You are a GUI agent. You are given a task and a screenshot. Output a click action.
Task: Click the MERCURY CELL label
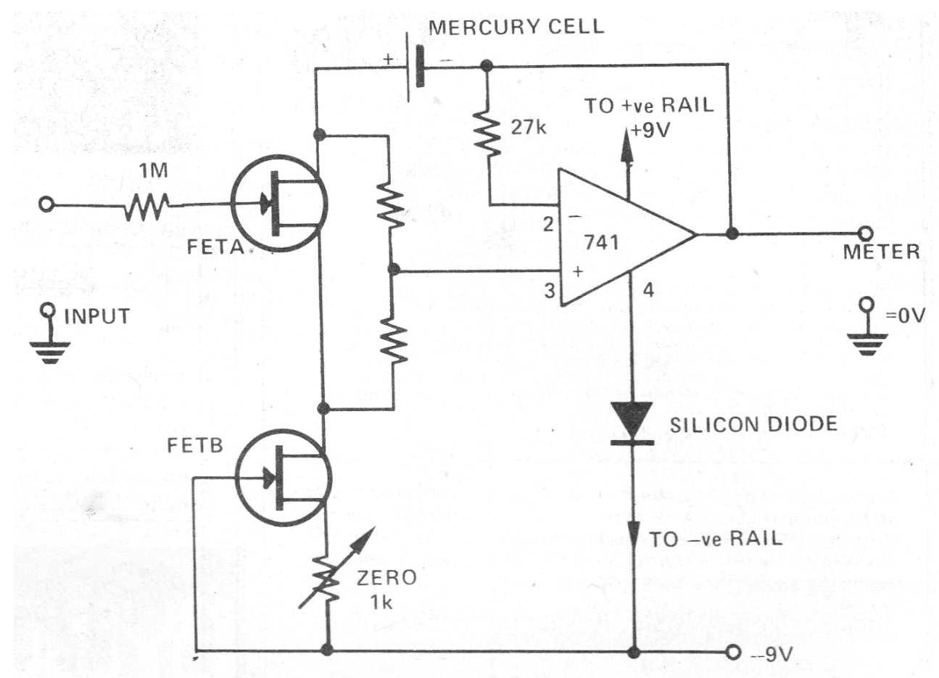516,28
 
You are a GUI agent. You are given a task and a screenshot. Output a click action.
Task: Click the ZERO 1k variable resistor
328,576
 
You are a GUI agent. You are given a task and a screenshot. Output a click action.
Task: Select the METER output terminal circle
864,234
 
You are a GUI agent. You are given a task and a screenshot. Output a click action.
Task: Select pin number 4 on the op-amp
648,291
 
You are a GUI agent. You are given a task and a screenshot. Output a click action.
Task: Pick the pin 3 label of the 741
550,291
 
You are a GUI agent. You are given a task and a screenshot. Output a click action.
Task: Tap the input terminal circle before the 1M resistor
46,205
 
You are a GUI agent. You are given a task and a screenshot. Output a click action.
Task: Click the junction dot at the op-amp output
732,234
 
